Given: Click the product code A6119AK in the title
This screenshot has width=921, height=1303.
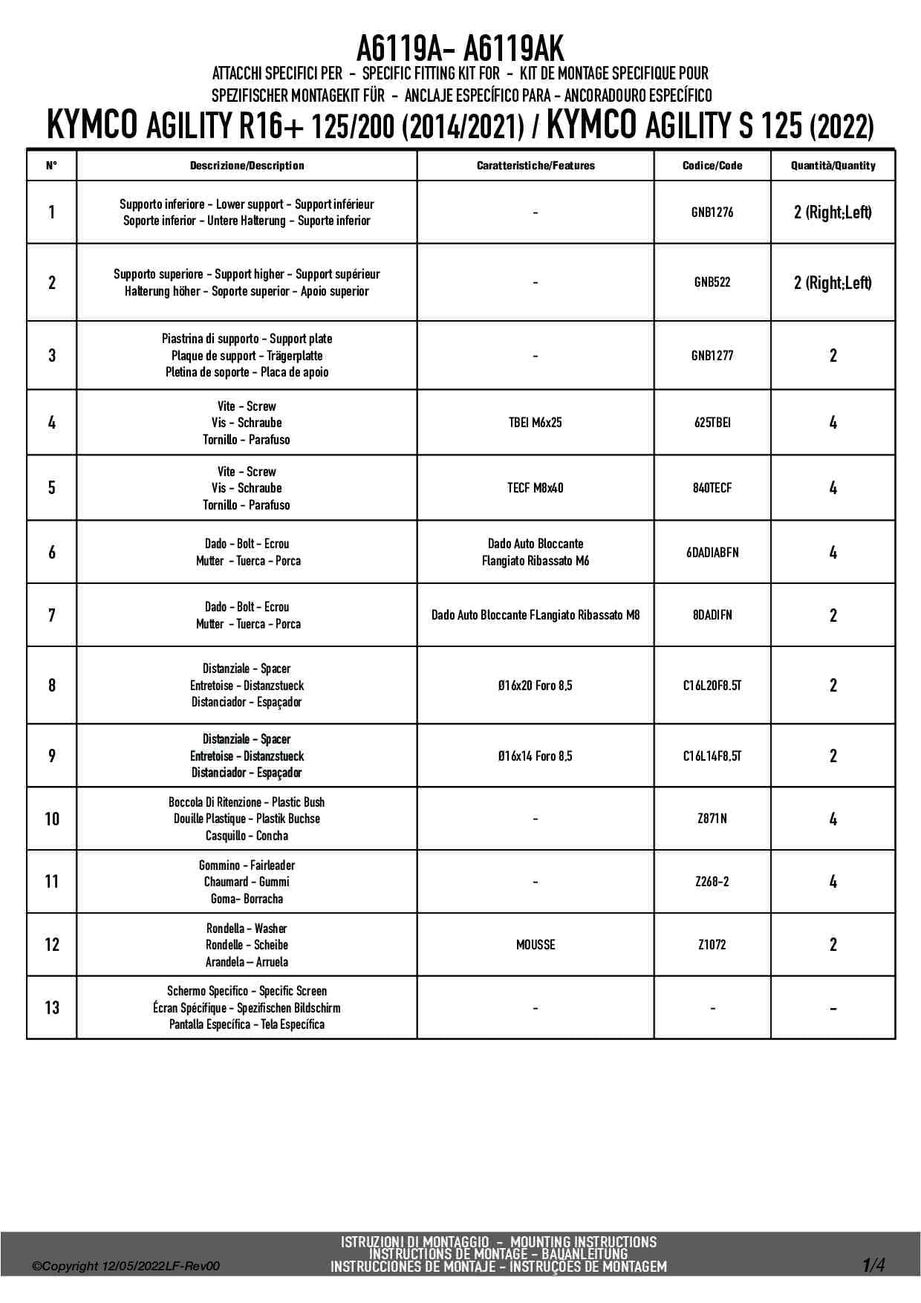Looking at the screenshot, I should (x=513, y=49).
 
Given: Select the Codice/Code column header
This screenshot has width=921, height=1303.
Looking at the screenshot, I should (x=712, y=166).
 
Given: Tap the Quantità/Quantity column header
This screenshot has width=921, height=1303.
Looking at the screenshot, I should (x=833, y=166).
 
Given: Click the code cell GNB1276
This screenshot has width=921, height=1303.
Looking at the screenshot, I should (x=712, y=212).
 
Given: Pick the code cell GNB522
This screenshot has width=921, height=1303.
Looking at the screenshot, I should (x=712, y=282).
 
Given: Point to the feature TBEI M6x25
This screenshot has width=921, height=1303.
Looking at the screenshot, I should (x=535, y=423).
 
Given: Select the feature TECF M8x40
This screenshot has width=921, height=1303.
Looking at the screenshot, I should (x=535, y=488).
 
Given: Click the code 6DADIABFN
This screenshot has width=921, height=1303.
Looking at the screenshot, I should (x=712, y=553).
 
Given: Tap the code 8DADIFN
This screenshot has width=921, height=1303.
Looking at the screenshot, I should (x=712, y=615).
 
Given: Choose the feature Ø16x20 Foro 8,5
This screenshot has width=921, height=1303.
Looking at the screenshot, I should (x=535, y=686).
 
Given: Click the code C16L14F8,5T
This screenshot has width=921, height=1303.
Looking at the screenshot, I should (x=712, y=756).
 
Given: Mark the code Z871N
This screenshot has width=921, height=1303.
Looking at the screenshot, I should (x=712, y=819).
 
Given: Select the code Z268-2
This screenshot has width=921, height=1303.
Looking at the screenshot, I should (x=712, y=882).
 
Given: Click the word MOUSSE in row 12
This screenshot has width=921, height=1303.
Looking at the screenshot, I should (x=535, y=945).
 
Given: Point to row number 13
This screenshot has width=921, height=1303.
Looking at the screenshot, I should (x=52, y=1008).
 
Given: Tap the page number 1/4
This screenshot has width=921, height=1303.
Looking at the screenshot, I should (x=873, y=1264).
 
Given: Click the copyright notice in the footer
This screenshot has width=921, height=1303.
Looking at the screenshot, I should (x=126, y=1267).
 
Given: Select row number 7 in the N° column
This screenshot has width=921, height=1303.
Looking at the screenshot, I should (x=52, y=615).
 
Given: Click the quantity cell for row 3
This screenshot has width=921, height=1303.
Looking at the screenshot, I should (x=833, y=356).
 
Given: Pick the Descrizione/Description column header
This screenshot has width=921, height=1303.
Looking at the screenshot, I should (x=247, y=166).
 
